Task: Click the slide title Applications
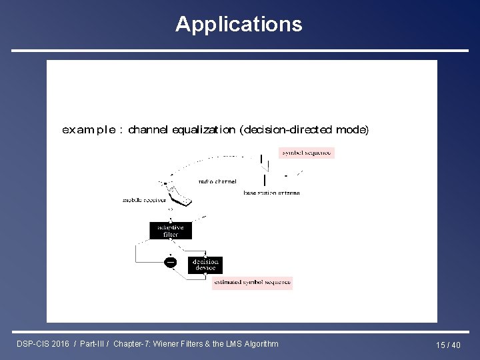coord(239,25)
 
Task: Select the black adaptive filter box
coord(171,231)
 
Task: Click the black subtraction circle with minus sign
coord(171,262)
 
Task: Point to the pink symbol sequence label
coord(306,153)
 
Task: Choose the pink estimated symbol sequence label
coord(252,283)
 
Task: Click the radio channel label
coord(217,181)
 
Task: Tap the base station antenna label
coord(271,193)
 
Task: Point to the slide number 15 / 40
coord(448,345)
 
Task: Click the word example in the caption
coord(89,129)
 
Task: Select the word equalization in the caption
coord(203,129)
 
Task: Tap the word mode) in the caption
coord(352,129)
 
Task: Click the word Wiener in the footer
coord(177,344)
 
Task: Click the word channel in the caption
coord(149,129)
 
